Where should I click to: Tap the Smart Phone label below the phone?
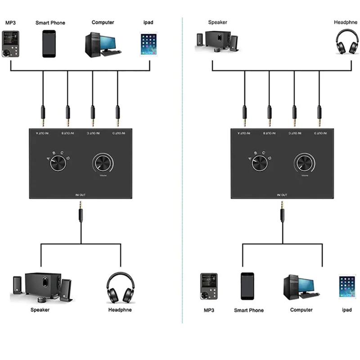point(249,310)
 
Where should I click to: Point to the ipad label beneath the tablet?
point(346,310)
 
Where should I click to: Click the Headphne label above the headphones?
point(345,22)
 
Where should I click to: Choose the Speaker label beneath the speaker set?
point(40,310)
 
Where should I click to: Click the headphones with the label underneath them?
point(121,288)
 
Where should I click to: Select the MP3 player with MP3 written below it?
point(208,286)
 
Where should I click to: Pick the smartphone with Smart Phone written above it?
point(49,44)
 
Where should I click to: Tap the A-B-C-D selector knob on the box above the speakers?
point(58,164)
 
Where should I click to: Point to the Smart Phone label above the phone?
point(50,22)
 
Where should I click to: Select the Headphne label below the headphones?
point(120,310)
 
